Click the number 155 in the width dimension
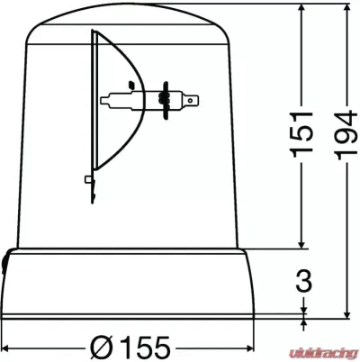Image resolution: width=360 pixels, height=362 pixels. coord(140,345)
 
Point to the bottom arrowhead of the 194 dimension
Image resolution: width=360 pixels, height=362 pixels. coord(346,314)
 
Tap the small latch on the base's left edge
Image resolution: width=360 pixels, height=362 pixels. coord(5,262)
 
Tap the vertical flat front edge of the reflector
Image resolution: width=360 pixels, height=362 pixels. coord(94,108)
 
